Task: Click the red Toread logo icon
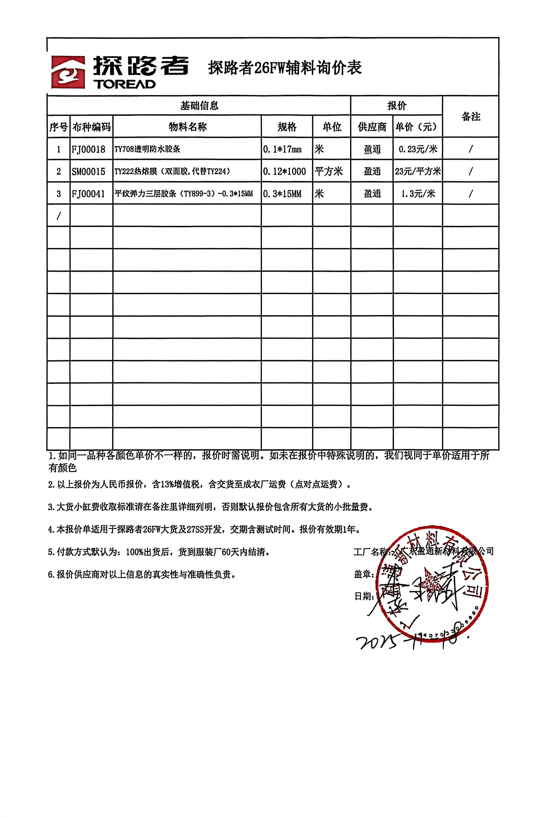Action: (68, 72)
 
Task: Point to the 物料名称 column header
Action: (187, 127)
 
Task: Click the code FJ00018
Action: (89, 149)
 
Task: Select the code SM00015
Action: (89, 171)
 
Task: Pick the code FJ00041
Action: (89, 194)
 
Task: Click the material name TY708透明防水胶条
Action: (147, 149)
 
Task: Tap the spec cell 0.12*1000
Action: (284, 171)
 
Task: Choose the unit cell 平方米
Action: (328, 171)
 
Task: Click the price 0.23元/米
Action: (418, 149)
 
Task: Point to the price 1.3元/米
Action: (418, 194)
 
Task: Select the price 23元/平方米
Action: (418, 171)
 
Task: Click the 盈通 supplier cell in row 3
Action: (372, 194)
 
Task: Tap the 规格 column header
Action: (287, 127)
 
